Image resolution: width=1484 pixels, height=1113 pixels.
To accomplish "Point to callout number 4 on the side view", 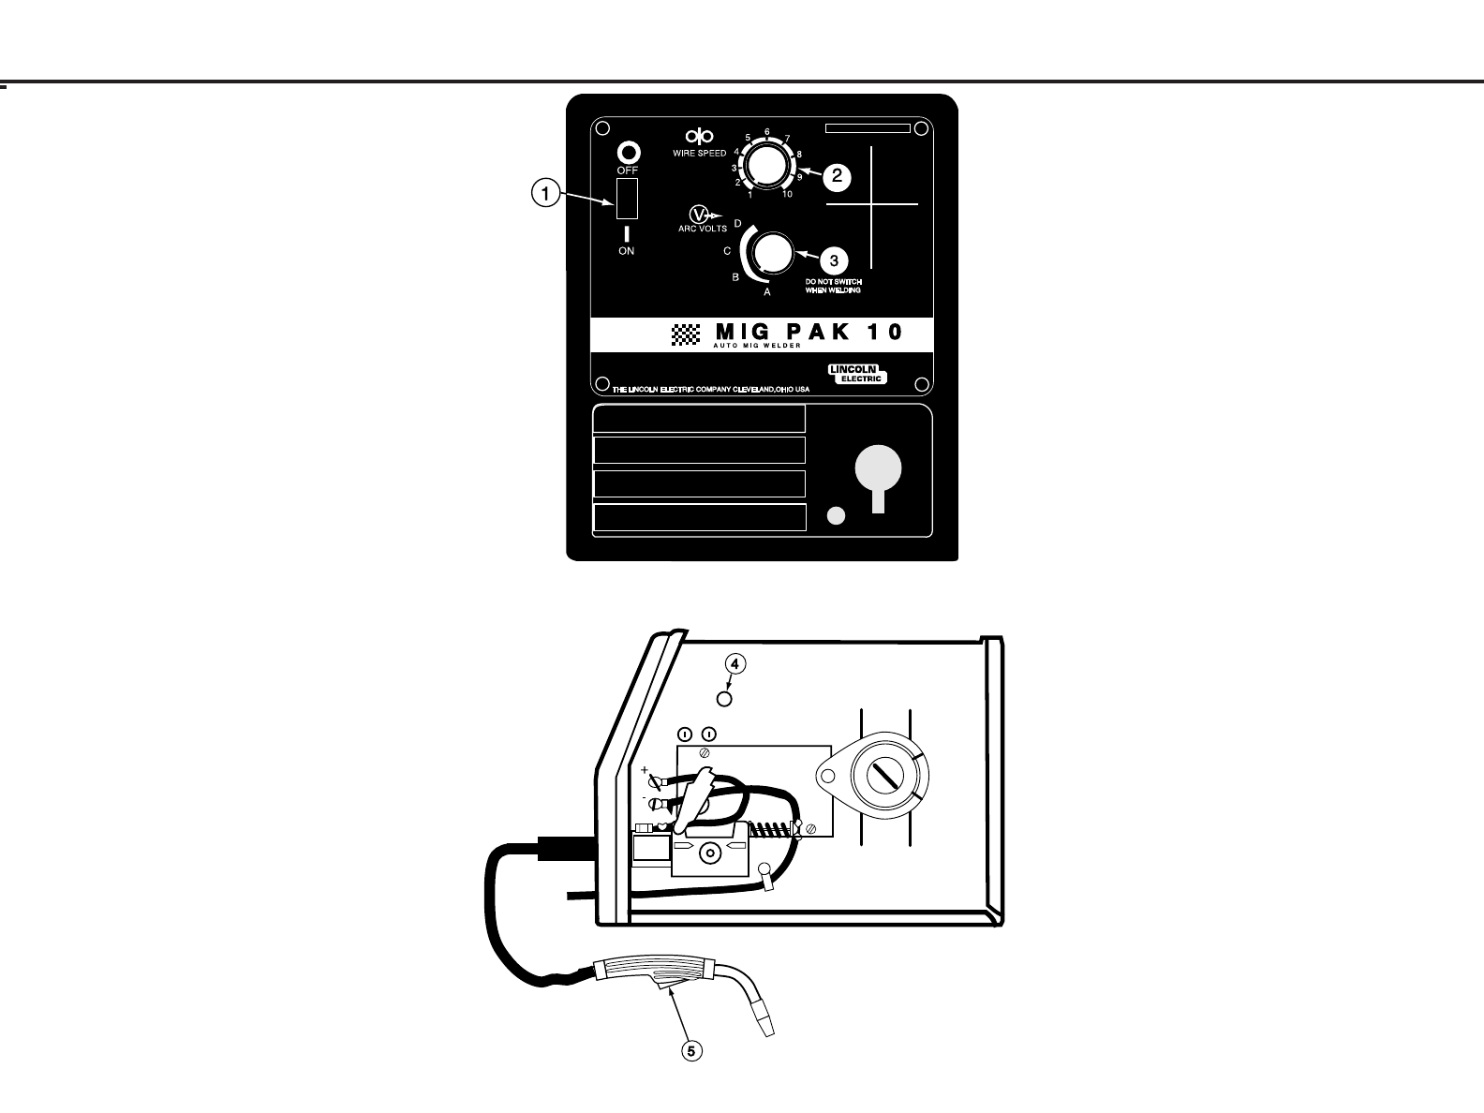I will pos(735,664).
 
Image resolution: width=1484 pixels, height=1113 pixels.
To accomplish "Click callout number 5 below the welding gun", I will pos(690,1051).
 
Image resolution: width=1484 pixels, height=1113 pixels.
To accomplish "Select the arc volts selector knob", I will pos(773,254).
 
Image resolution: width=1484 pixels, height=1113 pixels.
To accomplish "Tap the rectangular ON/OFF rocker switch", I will pos(627,198).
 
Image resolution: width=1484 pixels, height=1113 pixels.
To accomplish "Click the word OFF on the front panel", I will pos(627,171).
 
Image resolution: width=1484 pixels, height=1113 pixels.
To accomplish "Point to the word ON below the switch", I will pos(626,251).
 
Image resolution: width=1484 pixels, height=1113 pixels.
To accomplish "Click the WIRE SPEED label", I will pos(699,153).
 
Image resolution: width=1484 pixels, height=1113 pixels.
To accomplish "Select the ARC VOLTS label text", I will pos(703,229).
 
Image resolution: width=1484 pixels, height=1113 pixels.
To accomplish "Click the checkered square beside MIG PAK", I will pos(687,334).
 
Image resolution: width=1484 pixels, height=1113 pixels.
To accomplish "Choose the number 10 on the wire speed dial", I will pos(787,194).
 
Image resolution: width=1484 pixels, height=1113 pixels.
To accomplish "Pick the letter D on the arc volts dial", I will pos(737,223).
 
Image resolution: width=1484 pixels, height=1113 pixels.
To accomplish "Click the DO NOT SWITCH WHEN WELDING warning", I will pos(833,286).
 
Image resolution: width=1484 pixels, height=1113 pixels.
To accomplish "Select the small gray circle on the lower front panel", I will pos(838,515).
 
